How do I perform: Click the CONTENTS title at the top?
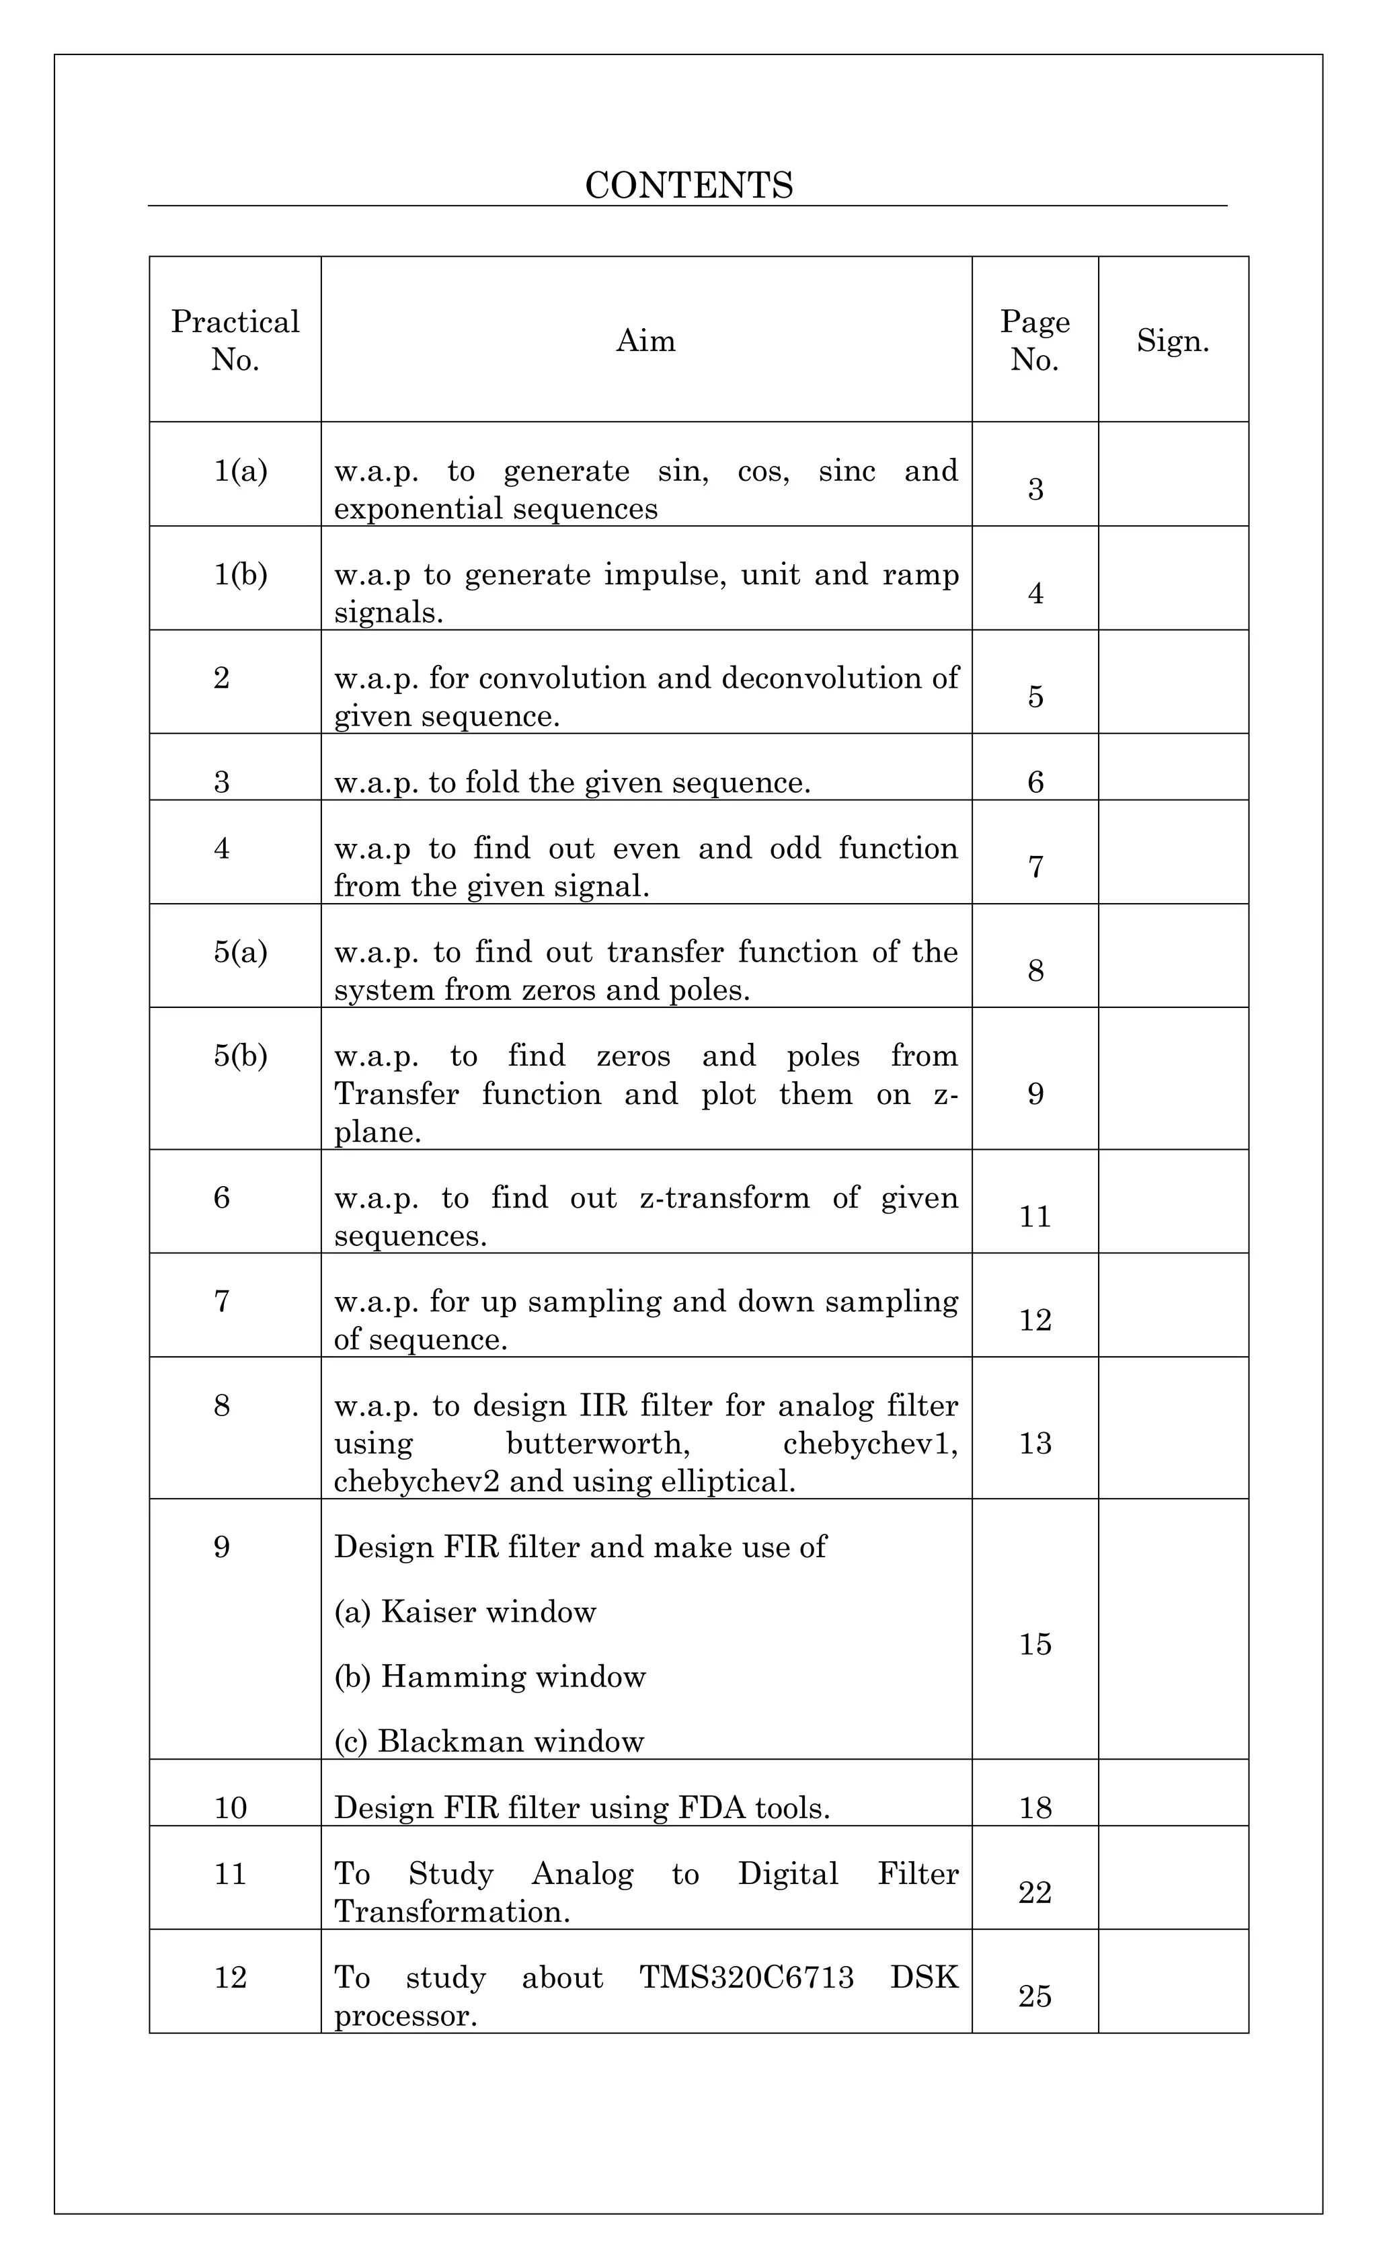click(x=688, y=185)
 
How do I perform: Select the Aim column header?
click(x=645, y=340)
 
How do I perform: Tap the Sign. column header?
click(x=1173, y=340)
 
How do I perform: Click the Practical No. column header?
click(x=235, y=340)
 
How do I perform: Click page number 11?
click(x=1035, y=1217)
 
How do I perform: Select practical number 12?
click(x=230, y=1977)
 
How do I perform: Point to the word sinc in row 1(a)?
click(x=847, y=471)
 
